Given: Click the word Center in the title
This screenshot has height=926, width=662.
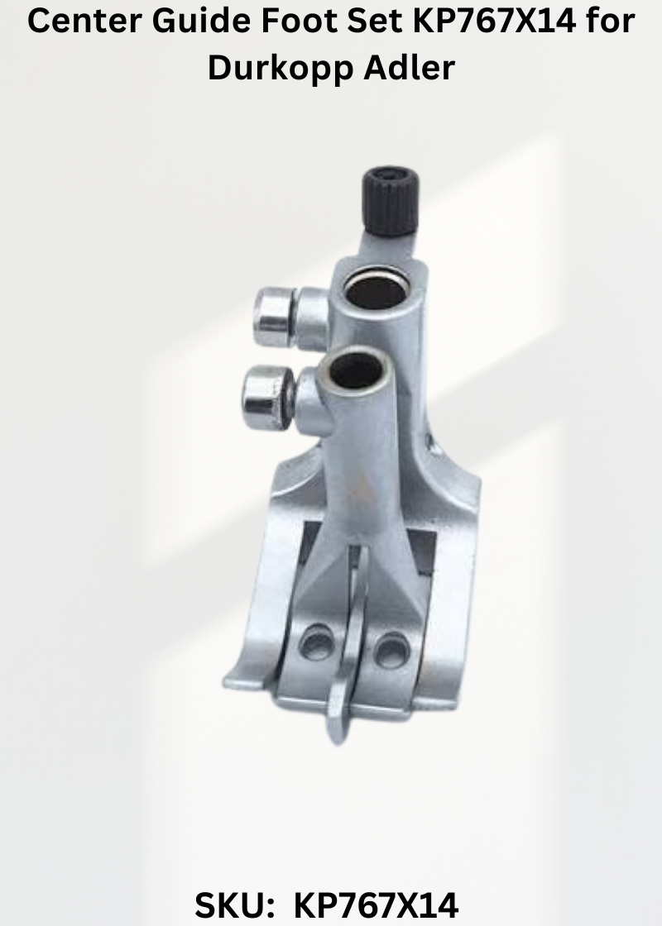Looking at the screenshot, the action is click(x=84, y=21).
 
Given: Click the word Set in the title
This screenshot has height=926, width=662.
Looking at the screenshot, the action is click(x=375, y=21).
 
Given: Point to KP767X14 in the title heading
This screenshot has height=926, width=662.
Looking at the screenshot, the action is click(x=494, y=21).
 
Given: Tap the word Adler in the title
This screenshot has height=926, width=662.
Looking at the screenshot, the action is click(x=409, y=67).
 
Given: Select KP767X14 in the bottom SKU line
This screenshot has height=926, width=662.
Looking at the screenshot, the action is click(x=376, y=905).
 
